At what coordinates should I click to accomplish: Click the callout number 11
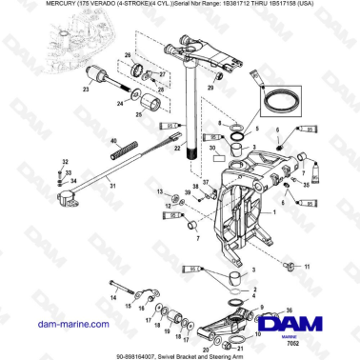[x=306, y=268]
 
